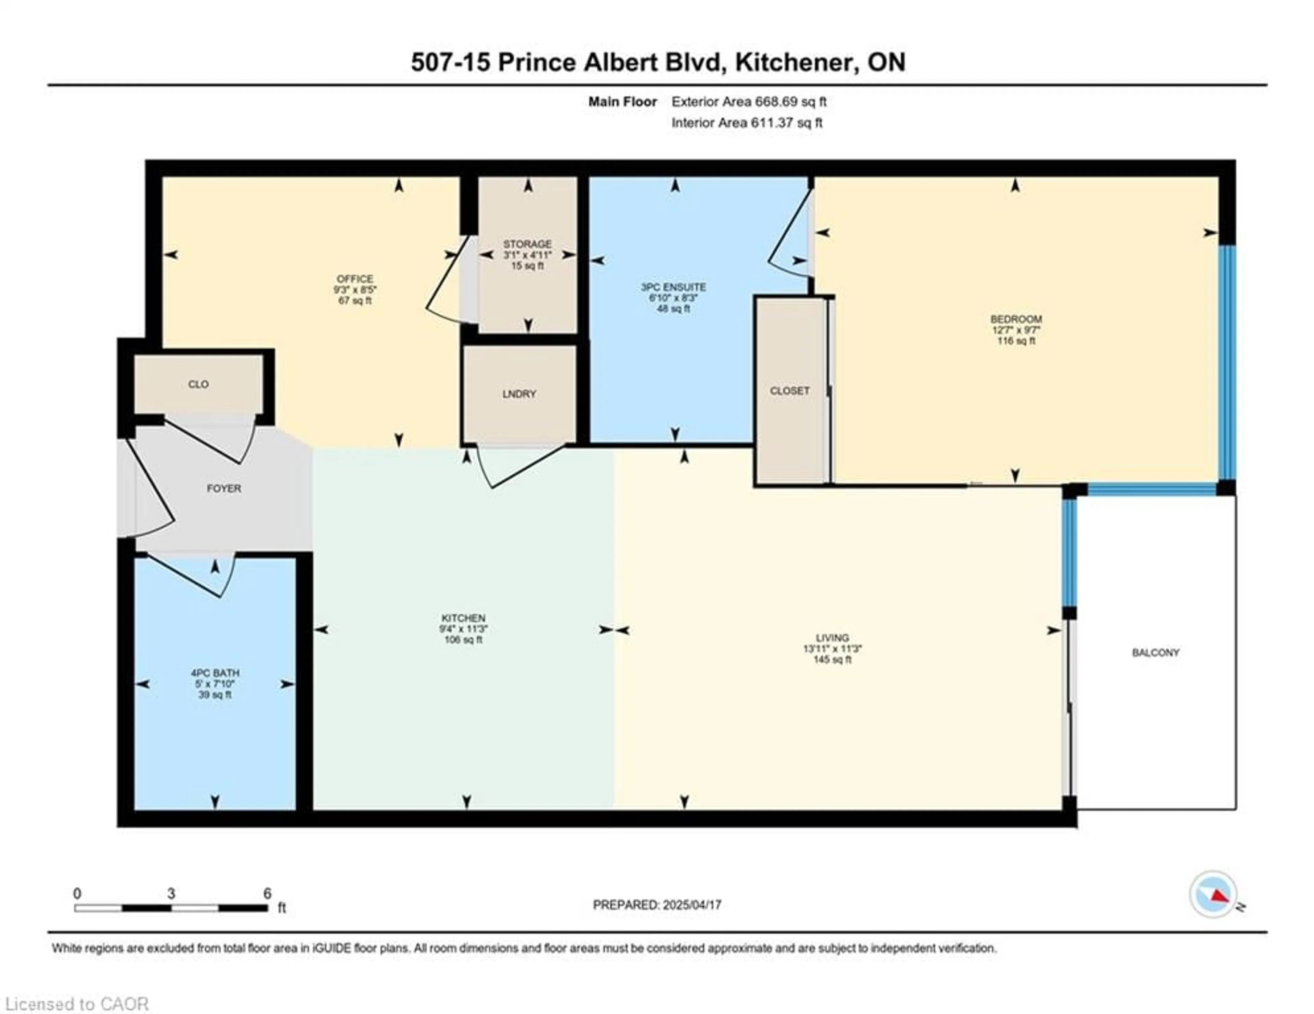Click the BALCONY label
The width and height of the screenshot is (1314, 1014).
coord(1155,652)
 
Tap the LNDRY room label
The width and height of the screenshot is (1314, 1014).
coord(519,394)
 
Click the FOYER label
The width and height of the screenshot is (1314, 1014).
coord(224,489)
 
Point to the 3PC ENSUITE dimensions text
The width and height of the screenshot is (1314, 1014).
coord(673,298)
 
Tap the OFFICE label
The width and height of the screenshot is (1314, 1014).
coord(355,278)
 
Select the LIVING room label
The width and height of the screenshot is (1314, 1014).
coord(832,637)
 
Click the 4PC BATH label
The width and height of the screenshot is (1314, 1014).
coord(215,673)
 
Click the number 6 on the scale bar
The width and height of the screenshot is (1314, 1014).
coord(267,893)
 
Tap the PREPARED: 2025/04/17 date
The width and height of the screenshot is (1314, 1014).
coord(657,905)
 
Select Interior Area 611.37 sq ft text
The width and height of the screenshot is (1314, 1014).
coord(747,123)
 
